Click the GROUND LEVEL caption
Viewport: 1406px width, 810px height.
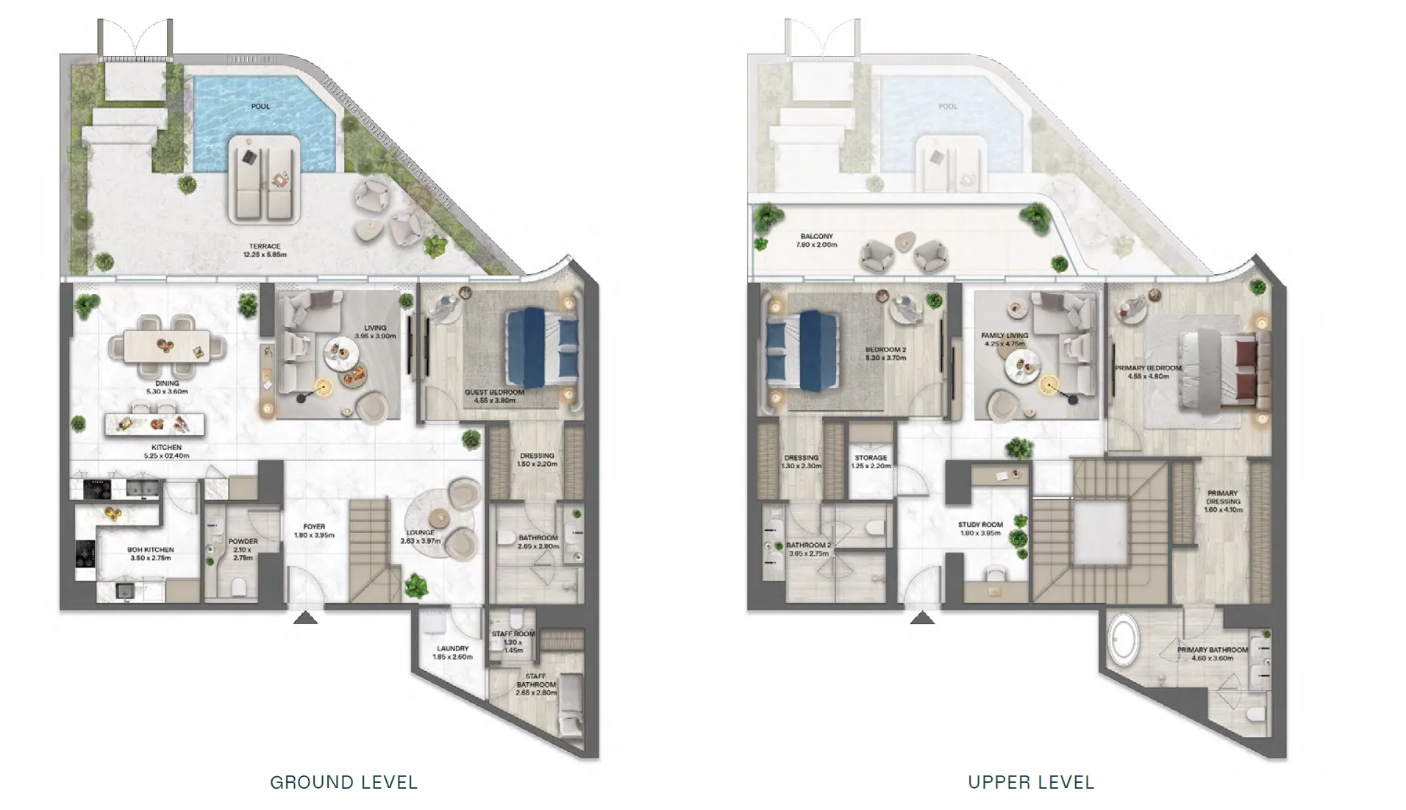coord(343,782)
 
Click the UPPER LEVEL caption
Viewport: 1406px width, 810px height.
coord(1031,782)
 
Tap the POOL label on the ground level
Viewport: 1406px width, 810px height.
coord(260,107)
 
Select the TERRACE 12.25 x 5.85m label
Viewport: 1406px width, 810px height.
coord(265,251)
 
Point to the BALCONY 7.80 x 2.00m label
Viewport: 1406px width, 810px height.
coord(816,240)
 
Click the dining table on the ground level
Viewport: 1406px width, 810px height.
coord(167,345)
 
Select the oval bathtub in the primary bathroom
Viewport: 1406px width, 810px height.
coord(1124,639)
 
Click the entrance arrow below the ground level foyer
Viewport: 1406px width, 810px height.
coord(305,618)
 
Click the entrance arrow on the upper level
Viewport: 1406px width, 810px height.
coord(922,618)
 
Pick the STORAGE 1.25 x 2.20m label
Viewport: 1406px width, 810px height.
coord(871,462)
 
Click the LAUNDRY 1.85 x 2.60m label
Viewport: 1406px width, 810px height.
coord(452,653)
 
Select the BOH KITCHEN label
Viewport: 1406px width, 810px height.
coord(150,553)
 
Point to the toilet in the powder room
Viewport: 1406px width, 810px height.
coord(238,586)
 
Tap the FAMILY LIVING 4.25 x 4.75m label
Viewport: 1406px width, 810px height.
coord(1004,339)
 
